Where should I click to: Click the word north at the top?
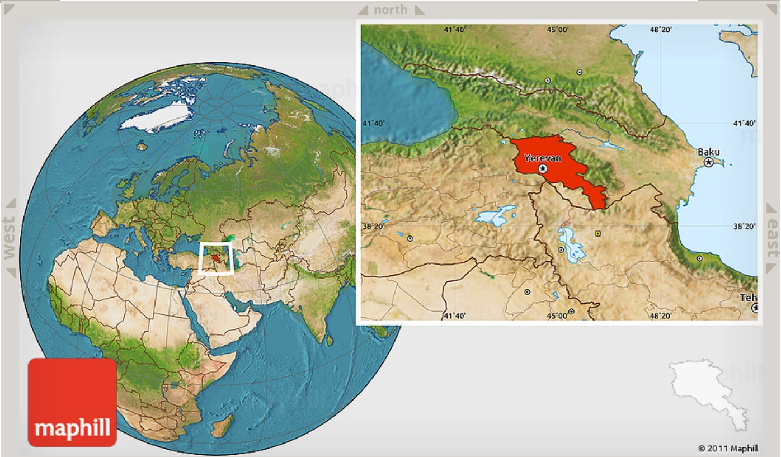click(x=391, y=10)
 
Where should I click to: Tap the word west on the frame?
click(x=10, y=238)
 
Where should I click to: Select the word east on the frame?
click(x=772, y=238)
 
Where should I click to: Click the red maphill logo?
click(x=72, y=402)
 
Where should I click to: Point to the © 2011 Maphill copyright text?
click(x=728, y=448)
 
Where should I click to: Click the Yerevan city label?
click(x=542, y=158)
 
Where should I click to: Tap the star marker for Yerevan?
click(x=542, y=168)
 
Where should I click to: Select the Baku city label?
click(x=708, y=152)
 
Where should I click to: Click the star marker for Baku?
click(x=709, y=162)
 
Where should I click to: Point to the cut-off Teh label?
click(x=748, y=298)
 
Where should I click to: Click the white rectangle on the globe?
click(x=216, y=258)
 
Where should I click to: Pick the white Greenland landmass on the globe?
click(x=156, y=116)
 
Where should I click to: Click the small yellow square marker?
click(x=599, y=233)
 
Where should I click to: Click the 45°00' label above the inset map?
click(x=557, y=30)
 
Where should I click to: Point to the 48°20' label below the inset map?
click(x=660, y=316)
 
